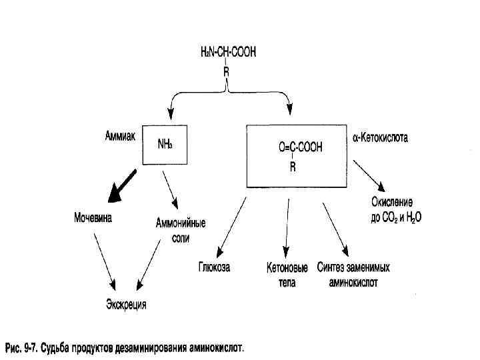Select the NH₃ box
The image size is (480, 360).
click(165, 145)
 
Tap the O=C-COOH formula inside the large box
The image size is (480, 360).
click(300, 148)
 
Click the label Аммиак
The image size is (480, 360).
click(119, 136)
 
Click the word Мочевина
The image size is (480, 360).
click(93, 218)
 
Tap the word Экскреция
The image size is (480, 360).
click(125, 305)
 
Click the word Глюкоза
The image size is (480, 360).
click(214, 268)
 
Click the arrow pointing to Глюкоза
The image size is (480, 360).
click(228, 224)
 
